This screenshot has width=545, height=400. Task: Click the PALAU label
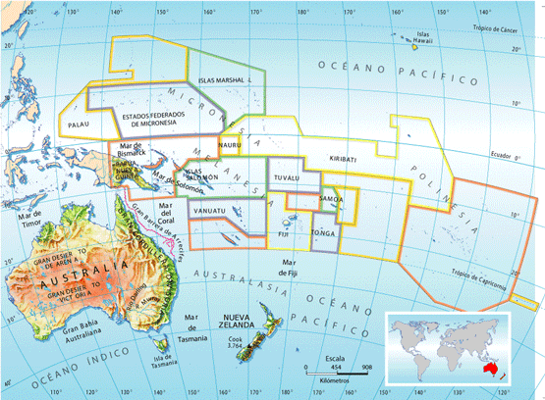point(81,126)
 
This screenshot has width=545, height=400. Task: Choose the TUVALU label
point(286,177)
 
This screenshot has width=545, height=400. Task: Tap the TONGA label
point(322,233)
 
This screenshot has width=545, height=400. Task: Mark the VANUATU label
point(210,211)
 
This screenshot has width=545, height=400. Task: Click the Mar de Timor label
point(33,219)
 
